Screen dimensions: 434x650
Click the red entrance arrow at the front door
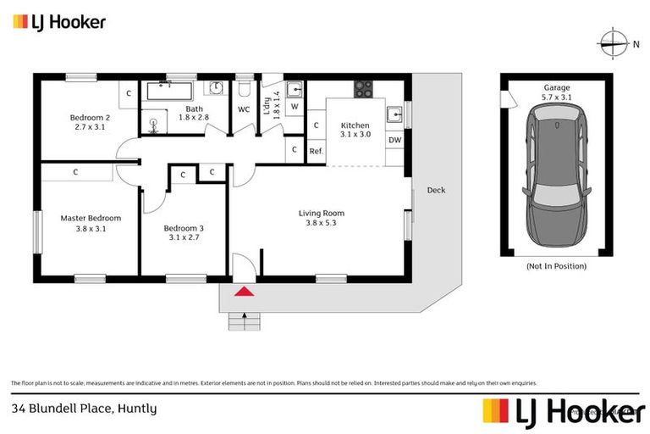[x=244, y=292]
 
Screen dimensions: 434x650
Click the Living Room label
[x=322, y=218]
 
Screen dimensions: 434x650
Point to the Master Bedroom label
[x=91, y=223]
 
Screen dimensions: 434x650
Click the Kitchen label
[x=355, y=130]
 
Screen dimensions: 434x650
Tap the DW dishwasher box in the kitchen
[x=394, y=140]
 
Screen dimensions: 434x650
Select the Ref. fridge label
[x=315, y=151]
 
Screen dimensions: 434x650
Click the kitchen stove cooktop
[x=364, y=87]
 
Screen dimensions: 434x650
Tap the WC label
[x=244, y=109]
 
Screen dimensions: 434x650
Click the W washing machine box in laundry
[x=295, y=107]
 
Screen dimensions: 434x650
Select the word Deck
[x=436, y=190]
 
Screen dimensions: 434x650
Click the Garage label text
[x=556, y=87]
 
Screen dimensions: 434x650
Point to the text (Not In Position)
[x=556, y=266]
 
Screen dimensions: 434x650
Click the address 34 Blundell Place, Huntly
[x=85, y=408]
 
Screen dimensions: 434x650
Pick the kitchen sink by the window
[x=394, y=114]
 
